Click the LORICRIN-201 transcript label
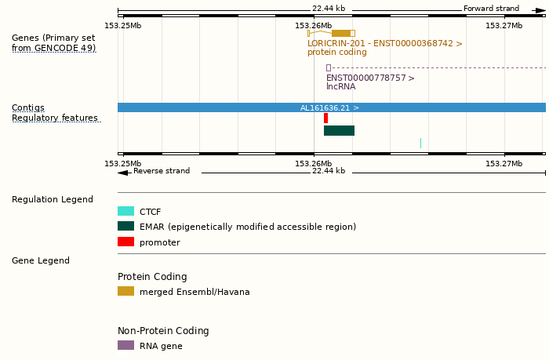[384, 44]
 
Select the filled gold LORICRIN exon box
[341, 33]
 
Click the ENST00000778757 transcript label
[370, 78]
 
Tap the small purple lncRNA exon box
[328, 67]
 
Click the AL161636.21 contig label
[329, 107]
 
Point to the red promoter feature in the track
[325, 118]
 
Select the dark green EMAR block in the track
[339, 130]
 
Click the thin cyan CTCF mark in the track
[420, 143]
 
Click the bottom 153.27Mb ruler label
[504, 163]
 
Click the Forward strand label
[491, 9]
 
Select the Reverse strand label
[161, 171]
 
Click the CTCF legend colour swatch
[125, 211]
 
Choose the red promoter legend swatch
[125, 242]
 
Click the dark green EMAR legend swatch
[125, 226]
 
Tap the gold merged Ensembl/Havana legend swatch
[125, 291]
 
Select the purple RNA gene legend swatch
[125, 345]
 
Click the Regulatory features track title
[55, 118]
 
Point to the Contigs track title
[28, 107]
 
